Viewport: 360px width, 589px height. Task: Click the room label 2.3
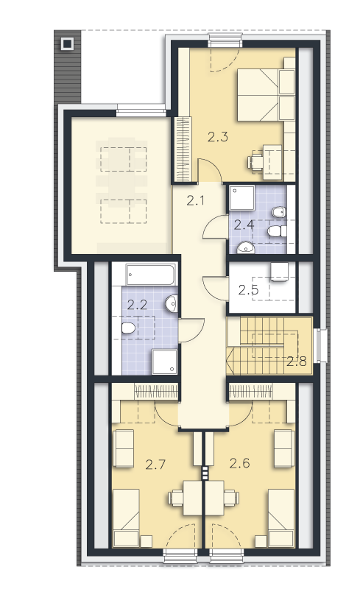pos(218,137)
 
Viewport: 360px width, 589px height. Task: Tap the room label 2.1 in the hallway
pos(195,201)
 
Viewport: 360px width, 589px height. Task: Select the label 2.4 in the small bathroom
pos(244,225)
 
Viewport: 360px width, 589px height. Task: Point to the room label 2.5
pos(248,290)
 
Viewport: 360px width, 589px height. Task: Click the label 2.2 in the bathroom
pos(137,305)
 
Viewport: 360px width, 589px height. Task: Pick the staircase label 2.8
pos(297,361)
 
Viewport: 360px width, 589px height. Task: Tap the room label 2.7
pos(155,465)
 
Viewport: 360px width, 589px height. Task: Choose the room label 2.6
pos(240,464)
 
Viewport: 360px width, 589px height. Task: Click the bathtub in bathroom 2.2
pos(150,275)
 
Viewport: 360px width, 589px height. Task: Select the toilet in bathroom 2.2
pos(128,328)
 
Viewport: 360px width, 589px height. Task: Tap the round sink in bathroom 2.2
pos(172,303)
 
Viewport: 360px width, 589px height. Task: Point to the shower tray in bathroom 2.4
pos(242,197)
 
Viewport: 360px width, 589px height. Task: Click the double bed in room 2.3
pos(266,95)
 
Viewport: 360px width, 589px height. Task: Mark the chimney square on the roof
pos(68,44)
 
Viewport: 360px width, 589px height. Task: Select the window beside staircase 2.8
pos(320,345)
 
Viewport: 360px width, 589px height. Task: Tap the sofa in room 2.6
pos(284,449)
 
